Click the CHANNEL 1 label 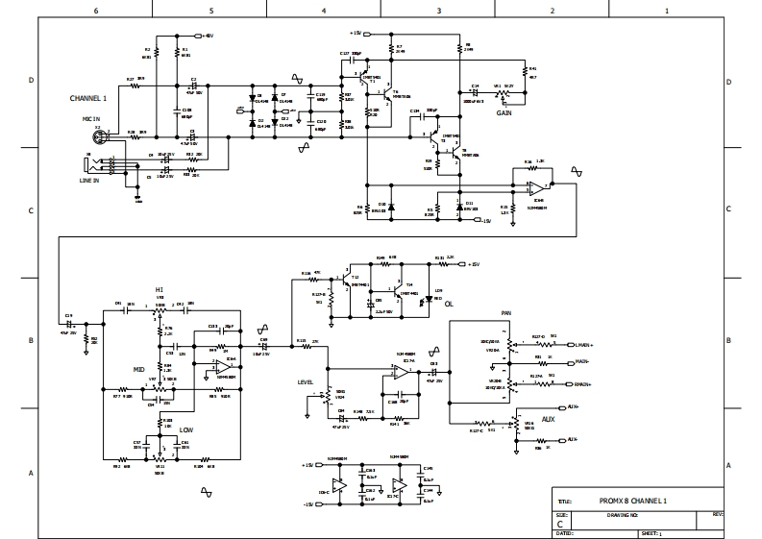87,98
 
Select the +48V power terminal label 208,35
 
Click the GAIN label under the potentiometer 504,112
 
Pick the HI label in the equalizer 159,288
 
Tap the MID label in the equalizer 138,369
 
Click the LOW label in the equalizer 186,430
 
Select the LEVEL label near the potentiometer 307,381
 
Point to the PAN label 505,313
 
